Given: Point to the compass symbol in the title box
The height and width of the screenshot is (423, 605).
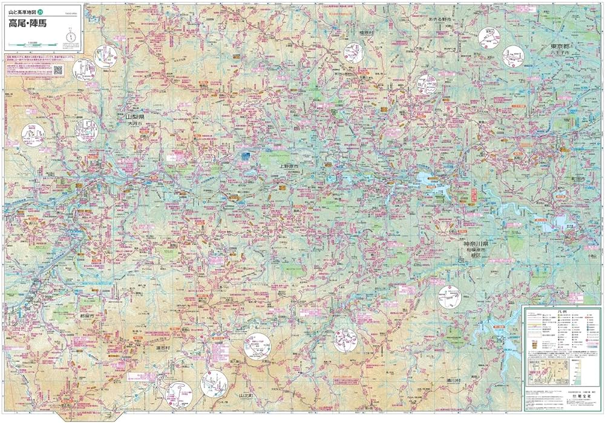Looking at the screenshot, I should click(x=71, y=37).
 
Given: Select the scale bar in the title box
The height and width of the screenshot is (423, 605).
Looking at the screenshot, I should click(x=34, y=44).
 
